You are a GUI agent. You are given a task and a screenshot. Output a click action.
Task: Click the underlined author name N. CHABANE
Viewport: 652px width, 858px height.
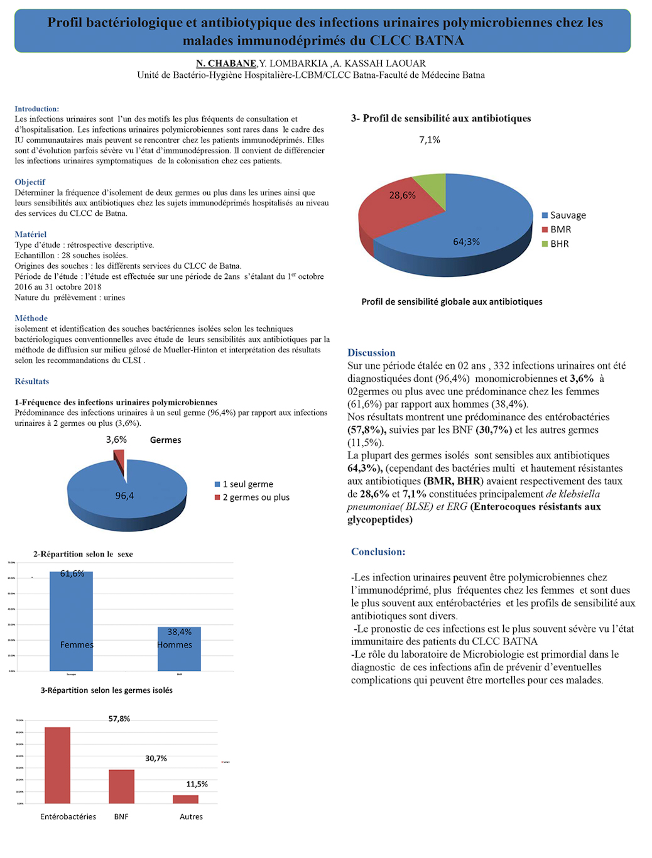tap(225, 63)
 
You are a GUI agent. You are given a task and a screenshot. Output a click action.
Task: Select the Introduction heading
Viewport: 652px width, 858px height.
tap(36, 109)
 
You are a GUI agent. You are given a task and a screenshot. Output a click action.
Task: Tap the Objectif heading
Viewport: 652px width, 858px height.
tap(30, 182)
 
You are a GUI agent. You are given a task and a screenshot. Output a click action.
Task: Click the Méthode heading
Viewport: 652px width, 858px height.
tap(31, 318)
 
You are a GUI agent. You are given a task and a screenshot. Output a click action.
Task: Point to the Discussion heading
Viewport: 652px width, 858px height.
tap(371, 353)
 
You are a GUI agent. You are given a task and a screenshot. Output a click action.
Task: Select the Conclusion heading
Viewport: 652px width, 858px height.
tap(378, 552)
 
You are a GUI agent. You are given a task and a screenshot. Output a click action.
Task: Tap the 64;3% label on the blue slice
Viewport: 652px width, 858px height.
tap(466, 242)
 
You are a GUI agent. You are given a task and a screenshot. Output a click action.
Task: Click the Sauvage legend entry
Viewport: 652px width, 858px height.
tap(567, 215)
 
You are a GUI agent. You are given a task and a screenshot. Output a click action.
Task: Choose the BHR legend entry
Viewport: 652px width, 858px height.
tap(559, 244)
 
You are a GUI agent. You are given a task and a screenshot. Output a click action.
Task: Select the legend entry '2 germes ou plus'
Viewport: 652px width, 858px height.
tap(256, 497)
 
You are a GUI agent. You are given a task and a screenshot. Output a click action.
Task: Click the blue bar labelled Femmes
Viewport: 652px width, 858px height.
tap(71, 622)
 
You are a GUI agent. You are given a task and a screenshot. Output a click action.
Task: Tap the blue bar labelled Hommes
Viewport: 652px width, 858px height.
tap(179, 650)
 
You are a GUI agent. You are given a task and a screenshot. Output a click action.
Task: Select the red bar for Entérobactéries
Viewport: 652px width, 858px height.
tap(57, 765)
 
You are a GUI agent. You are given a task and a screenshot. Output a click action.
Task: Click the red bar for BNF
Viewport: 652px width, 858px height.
tap(121, 786)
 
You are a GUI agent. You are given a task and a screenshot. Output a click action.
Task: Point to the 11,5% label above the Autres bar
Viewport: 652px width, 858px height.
tap(197, 785)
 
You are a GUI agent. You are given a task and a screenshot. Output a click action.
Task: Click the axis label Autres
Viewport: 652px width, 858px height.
tap(191, 817)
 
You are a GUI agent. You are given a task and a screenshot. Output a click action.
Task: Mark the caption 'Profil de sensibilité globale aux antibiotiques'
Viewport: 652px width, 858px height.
tap(452, 302)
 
